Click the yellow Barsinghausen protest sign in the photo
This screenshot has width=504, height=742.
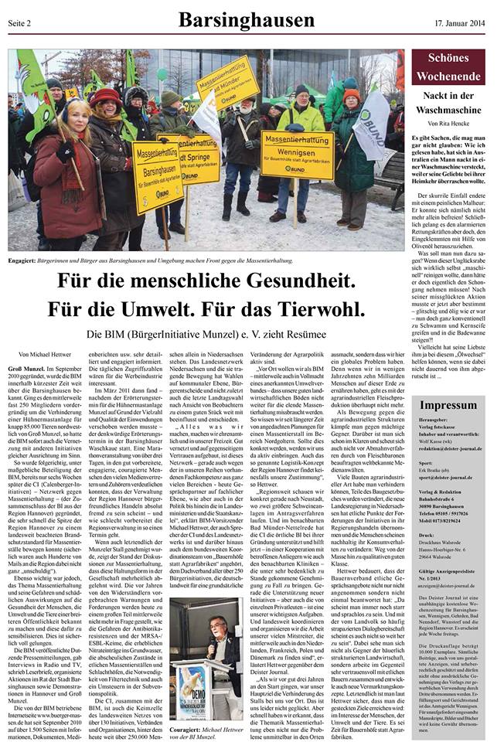pos(158,176)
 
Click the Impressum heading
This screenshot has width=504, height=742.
pos(450,406)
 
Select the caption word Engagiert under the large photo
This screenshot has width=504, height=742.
pos(25,261)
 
